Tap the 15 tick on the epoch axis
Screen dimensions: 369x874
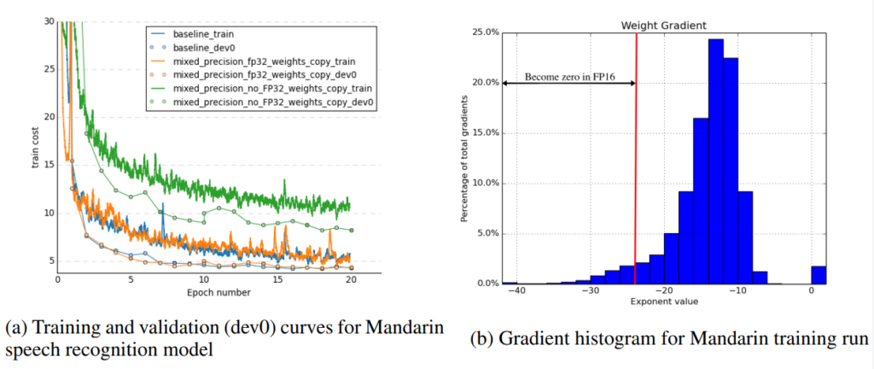277,279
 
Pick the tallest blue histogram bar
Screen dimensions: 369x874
715,162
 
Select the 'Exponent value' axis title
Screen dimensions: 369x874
664,302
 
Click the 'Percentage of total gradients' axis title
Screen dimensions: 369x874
463,157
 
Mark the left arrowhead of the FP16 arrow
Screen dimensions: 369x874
505,83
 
